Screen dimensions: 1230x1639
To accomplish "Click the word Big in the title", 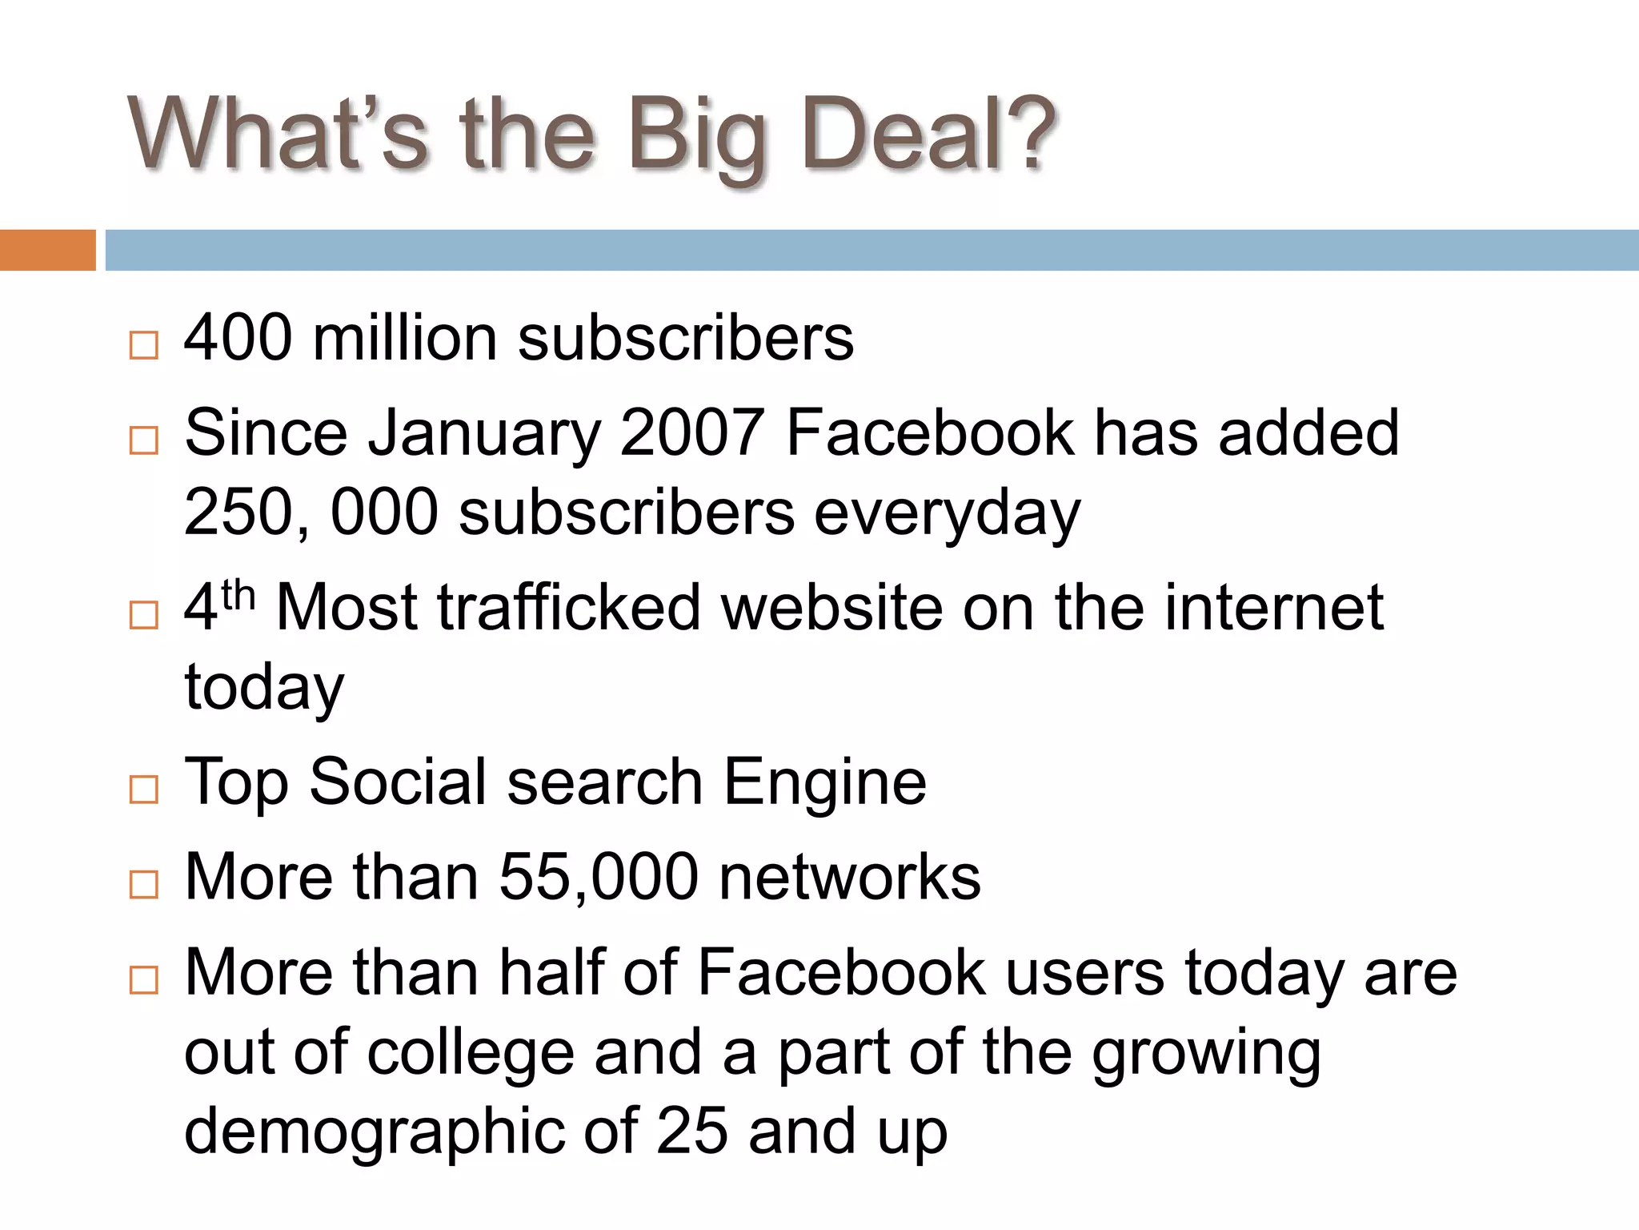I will [696, 136].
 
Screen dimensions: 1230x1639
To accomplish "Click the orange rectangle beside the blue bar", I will [47, 250].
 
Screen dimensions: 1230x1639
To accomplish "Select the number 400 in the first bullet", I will [238, 338].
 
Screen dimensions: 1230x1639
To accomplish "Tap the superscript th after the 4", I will [238, 594].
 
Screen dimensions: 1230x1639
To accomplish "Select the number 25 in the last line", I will [691, 1131].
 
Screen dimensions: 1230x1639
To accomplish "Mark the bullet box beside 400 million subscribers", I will [144, 345].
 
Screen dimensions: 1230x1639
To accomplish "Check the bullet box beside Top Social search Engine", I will [144, 790].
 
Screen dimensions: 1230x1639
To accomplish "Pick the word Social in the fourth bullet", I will [398, 782].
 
